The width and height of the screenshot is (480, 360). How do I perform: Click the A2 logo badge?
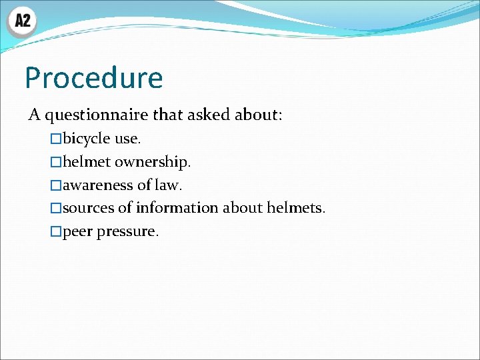click(22, 21)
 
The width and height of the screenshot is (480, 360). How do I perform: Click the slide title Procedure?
click(93, 78)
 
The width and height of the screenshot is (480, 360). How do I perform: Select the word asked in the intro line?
click(208, 115)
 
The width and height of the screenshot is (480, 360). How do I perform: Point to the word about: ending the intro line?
click(259, 115)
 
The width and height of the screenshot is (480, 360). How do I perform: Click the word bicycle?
click(87, 139)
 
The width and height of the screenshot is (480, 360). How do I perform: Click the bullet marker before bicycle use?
click(56, 139)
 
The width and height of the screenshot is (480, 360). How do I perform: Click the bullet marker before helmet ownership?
click(56, 162)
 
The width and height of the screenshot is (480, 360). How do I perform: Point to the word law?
click(168, 185)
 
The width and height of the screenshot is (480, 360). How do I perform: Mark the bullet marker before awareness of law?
click(56, 185)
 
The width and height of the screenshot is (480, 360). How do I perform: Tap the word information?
click(177, 208)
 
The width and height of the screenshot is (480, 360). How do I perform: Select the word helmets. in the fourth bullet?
click(296, 208)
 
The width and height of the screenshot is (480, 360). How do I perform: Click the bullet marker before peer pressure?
click(56, 232)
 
